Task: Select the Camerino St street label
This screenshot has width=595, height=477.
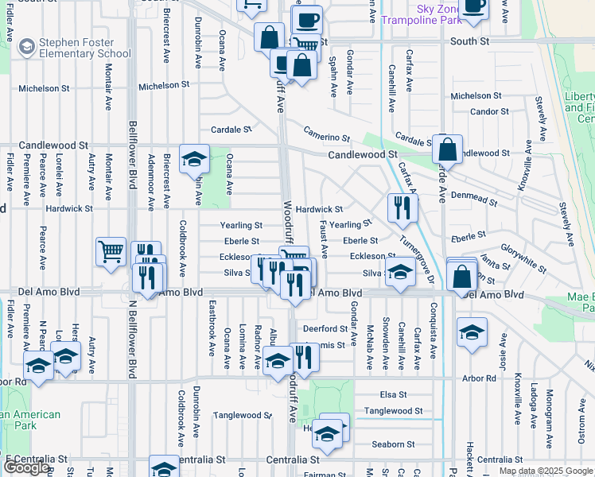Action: [x=326, y=136]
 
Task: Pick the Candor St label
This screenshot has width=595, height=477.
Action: [x=484, y=111]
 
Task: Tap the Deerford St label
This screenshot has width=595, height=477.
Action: [x=324, y=328]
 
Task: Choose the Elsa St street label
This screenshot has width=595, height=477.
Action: [x=393, y=394]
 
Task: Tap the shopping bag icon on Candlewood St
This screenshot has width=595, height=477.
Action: [x=448, y=149]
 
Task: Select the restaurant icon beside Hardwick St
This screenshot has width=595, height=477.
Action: [x=402, y=207]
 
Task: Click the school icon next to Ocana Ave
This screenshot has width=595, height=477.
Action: [x=193, y=160]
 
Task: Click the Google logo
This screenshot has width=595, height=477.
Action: [x=26, y=467]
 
